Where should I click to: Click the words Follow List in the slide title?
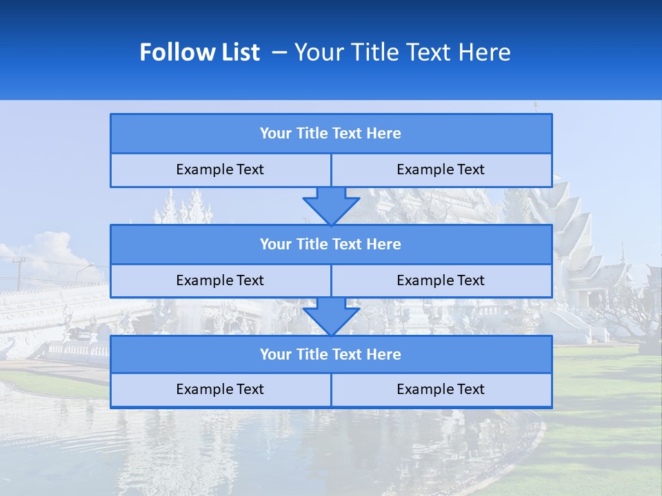(x=199, y=52)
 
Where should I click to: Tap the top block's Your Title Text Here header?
(x=330, y=134)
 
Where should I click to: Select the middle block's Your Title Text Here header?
(x=330, y=244)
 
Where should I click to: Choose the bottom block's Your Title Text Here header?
(x=330, y=354)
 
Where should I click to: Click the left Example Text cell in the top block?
(x=220, y=169)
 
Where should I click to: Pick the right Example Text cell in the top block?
(x=441, y=169)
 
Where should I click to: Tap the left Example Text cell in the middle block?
(x=220, y=280)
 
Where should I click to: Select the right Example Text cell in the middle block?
(x=441, y=280)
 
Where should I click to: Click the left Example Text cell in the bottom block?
(x=220, y=389)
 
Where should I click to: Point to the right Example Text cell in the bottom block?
(x=441, y=389)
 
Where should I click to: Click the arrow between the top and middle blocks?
(x=331, y=205)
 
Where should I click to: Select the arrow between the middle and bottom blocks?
(x=331, y=316)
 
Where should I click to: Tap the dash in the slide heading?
(x=280, y=52)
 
